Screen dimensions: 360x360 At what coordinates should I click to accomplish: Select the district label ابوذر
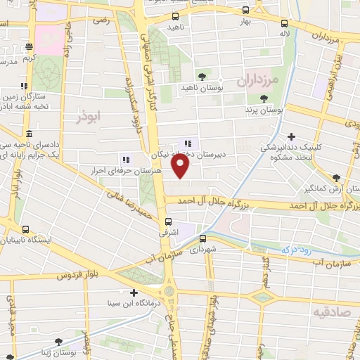click(x=89, y=117)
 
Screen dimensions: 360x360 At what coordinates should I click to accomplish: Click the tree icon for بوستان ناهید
click(x=202, y=76)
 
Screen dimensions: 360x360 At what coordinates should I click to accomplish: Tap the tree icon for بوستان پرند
click(x=264, y=99)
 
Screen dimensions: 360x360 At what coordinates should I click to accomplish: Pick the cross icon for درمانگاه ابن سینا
click(x=134, y=292)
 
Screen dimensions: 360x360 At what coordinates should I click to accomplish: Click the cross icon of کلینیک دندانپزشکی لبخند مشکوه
click(x=291, y=136)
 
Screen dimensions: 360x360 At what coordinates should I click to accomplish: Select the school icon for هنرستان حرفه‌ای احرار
click(x=127, y=159)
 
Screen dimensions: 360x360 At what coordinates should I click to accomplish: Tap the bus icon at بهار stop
click(x=245, y=11)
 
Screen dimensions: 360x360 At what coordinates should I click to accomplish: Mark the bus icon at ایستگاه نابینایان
click(x=26, y=229)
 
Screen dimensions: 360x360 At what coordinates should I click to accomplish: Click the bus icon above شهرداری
click(x=202, y=238)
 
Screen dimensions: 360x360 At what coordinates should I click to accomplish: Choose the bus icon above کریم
click(x=29, y=47)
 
